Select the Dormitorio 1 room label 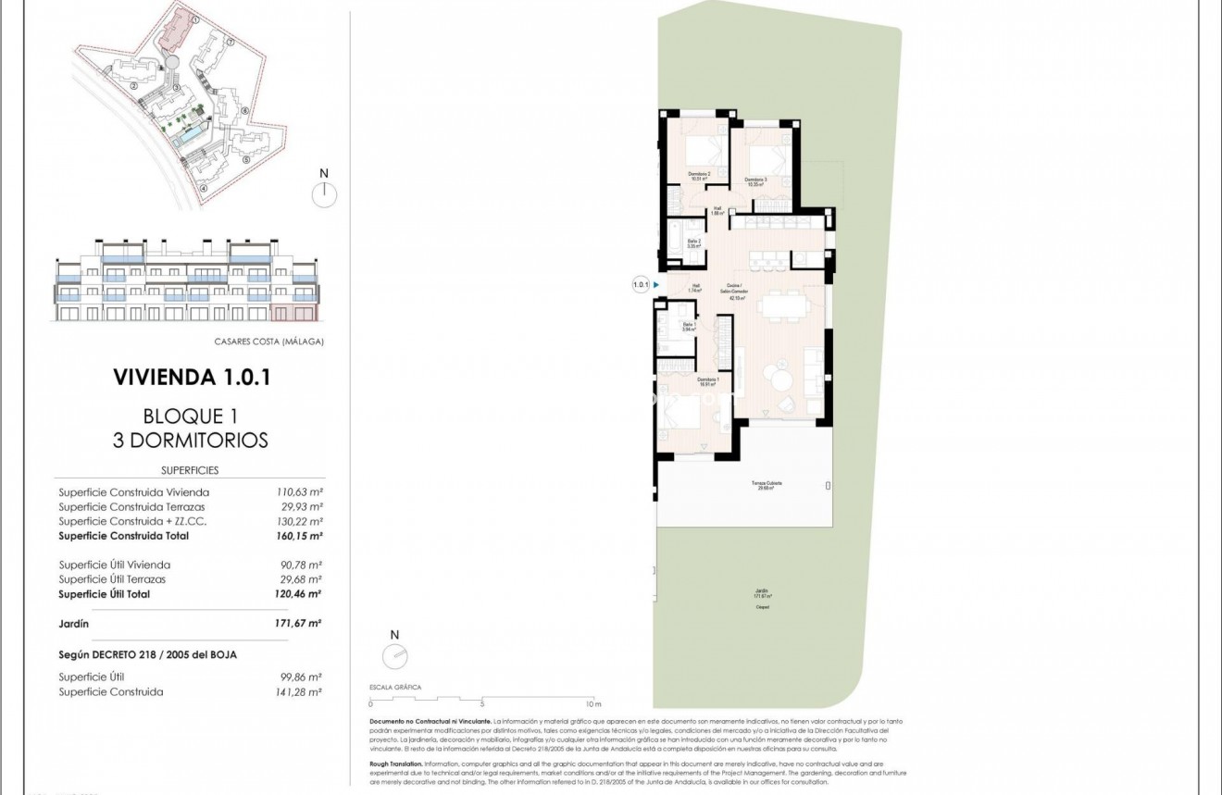point(708,382)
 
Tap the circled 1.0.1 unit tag point(641,285)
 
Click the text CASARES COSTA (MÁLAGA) point(268,341)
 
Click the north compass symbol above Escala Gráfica point(394,655)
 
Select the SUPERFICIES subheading point(190,470)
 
